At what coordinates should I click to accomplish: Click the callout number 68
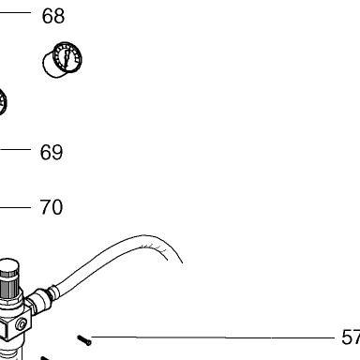pos(53,16)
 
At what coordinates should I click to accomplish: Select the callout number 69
pos(52,152)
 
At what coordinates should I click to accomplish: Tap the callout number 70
pos(52,207)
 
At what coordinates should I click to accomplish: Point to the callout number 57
pos(351,337)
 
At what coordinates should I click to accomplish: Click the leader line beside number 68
pos(15,12)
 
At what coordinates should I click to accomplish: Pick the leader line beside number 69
pos(15,149)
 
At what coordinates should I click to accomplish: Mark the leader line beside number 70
pos(15,207)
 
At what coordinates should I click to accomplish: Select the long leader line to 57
pos(213,337)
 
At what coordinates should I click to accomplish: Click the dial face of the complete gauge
pos(67,57)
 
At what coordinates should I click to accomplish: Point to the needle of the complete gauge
pos(67,57)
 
